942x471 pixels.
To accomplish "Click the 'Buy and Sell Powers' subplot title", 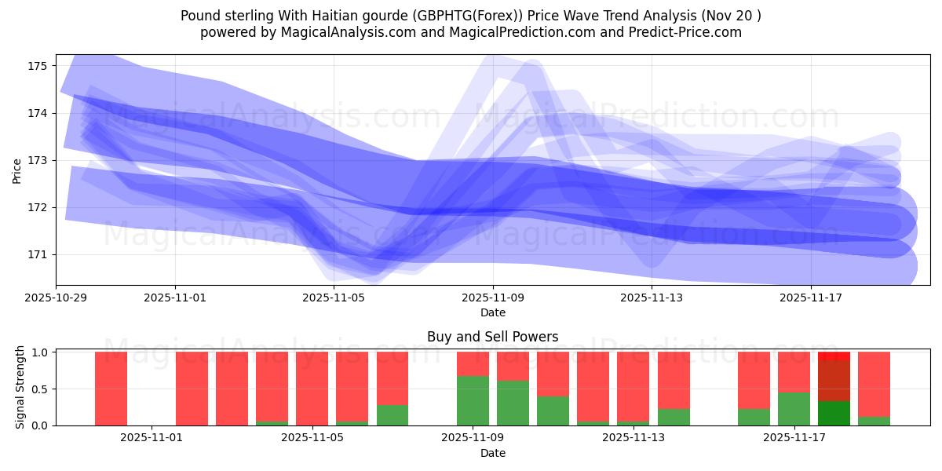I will coord(493,337).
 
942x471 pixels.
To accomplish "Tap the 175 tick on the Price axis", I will coord(38,65).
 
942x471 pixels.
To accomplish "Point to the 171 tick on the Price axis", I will coord(38,254).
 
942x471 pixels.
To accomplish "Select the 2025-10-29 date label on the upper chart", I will coord(56,298).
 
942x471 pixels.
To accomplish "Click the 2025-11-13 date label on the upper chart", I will coord(652,298).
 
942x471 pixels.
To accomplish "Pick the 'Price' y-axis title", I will coord(17,170).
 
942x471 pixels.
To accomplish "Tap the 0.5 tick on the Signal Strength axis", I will coord(39,389).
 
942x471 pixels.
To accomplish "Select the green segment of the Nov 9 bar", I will coord(473,400).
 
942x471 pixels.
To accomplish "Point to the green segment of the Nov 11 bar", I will coord(553,411).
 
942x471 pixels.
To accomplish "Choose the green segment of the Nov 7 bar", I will coord(392,415).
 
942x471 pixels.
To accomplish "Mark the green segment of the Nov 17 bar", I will coord(794,409).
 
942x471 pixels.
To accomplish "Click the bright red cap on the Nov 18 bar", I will coord(834,356).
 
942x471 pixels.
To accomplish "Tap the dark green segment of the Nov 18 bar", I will coord(834,413).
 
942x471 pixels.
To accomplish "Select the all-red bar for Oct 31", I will coord(111,389).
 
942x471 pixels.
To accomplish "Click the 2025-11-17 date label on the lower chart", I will coord(795,437).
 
